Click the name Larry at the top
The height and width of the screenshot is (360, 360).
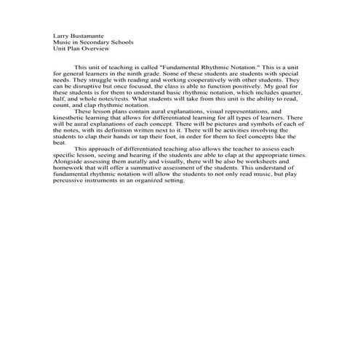click(61, 35)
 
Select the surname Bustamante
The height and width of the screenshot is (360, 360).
click(89, 35)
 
